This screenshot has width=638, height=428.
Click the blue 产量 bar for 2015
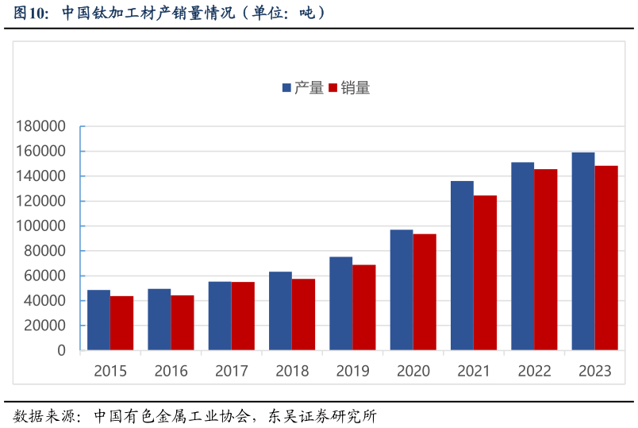98,320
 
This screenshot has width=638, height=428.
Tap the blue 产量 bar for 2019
341,303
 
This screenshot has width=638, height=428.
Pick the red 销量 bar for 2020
425,291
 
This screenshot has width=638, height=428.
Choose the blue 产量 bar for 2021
462,265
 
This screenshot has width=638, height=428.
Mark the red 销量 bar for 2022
546,260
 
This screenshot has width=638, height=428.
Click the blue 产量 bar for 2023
583,251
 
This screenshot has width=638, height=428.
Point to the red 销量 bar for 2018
303,314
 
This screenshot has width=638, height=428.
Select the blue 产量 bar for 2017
220,316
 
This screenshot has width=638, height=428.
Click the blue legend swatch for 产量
286,88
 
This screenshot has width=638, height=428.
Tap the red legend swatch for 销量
333,88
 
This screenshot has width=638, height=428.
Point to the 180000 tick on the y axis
40,126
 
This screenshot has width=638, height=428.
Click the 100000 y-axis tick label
40,226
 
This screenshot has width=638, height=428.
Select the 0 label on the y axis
62,350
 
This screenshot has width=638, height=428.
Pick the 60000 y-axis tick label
44,276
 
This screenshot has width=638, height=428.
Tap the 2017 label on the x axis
232,371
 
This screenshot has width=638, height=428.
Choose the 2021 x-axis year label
474,371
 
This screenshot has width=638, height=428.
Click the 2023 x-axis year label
594,371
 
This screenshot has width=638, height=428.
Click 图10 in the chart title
29,13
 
